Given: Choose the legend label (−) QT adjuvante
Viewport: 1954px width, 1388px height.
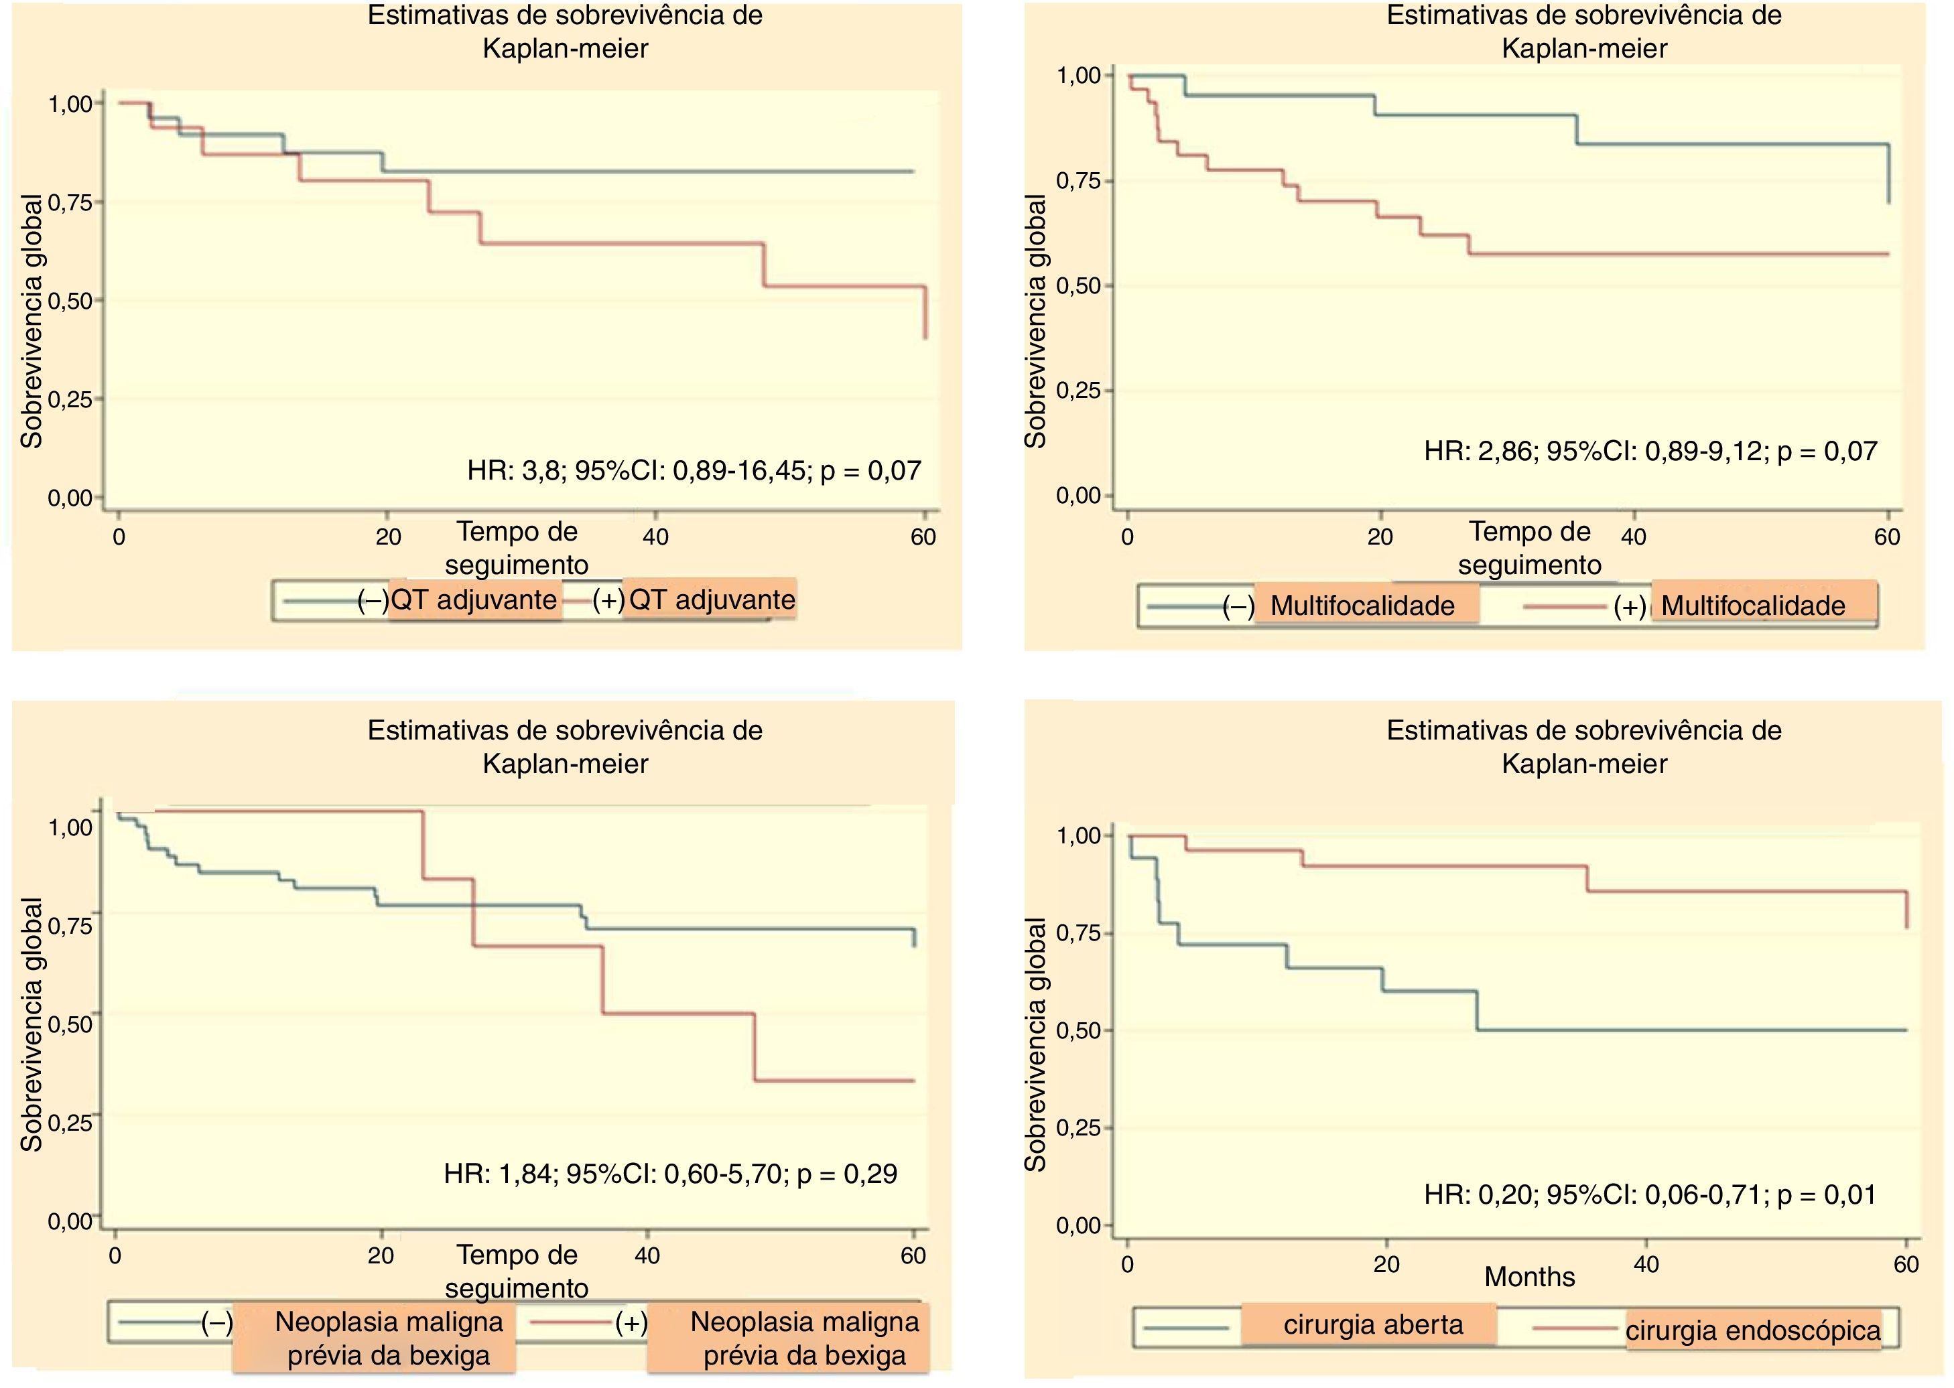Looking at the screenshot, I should pos(458,600).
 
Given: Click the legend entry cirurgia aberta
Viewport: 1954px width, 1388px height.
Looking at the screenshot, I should pos(1373,1325).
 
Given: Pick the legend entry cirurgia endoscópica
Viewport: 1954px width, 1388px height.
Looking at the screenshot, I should pos(1752,1331).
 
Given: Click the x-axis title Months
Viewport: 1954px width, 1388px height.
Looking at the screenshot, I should pos(1529,1277).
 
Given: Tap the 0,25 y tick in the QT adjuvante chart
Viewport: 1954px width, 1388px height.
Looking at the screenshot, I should pos(71,399).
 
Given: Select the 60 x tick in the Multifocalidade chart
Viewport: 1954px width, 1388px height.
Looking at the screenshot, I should pos(1886,537).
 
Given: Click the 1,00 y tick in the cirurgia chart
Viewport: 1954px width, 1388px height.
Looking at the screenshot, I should pos(1080,835).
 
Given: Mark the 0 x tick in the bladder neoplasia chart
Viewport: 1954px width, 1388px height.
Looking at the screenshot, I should pos(115,1255).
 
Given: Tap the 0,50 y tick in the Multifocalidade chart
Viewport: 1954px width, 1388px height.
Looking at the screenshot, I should pos(1079,285).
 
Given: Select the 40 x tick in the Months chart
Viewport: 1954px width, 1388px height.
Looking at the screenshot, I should pos(1646,1264).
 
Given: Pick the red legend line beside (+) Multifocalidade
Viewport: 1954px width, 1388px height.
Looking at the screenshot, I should pos(1563,607).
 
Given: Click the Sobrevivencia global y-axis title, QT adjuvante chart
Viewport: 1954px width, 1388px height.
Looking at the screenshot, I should pos(32,320).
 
